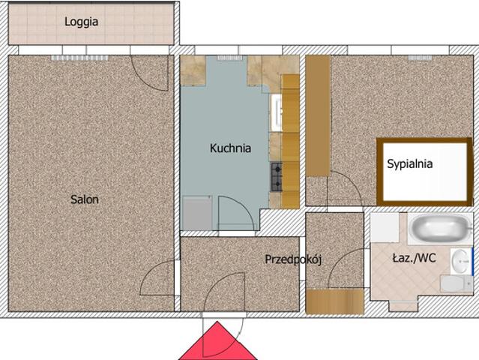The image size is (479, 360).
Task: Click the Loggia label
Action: coord(81,22)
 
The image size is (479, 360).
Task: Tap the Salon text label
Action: coord(84,199)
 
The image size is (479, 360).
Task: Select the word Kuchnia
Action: coord(230,148)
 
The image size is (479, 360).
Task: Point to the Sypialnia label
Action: coord(409,164)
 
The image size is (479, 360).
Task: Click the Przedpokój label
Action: coord(293,259)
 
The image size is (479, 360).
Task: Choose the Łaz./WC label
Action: coord(414,259)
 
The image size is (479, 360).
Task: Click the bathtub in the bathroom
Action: coord(440,229)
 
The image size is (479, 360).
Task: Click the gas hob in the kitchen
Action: coord(276,177)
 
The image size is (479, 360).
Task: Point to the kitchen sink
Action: coord(276,113)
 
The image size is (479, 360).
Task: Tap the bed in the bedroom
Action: coord(425,172)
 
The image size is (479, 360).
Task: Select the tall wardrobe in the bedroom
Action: coord(318,115)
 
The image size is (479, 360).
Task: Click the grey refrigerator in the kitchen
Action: coord(197,213)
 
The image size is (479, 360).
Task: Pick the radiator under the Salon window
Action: coord(79,58)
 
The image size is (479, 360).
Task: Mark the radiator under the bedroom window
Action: coord(420,58)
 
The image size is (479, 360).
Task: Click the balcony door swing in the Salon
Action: coord(150,73)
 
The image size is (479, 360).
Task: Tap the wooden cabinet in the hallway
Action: coord(335,301)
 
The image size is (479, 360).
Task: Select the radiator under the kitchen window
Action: coord(229,58)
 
